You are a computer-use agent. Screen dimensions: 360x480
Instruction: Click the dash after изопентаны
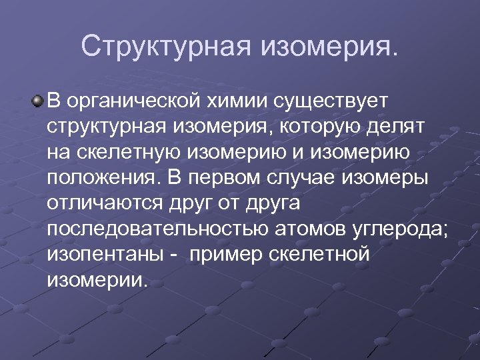pyautogui.click(x=171, y=254)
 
